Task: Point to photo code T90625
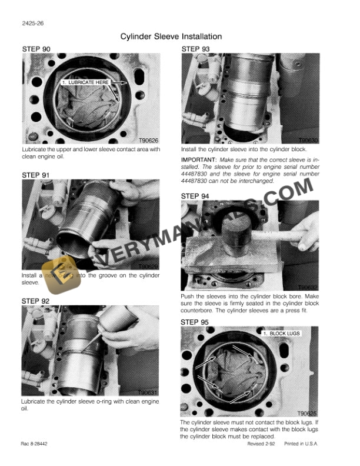point(307,413)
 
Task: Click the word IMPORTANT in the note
point(198,160)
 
